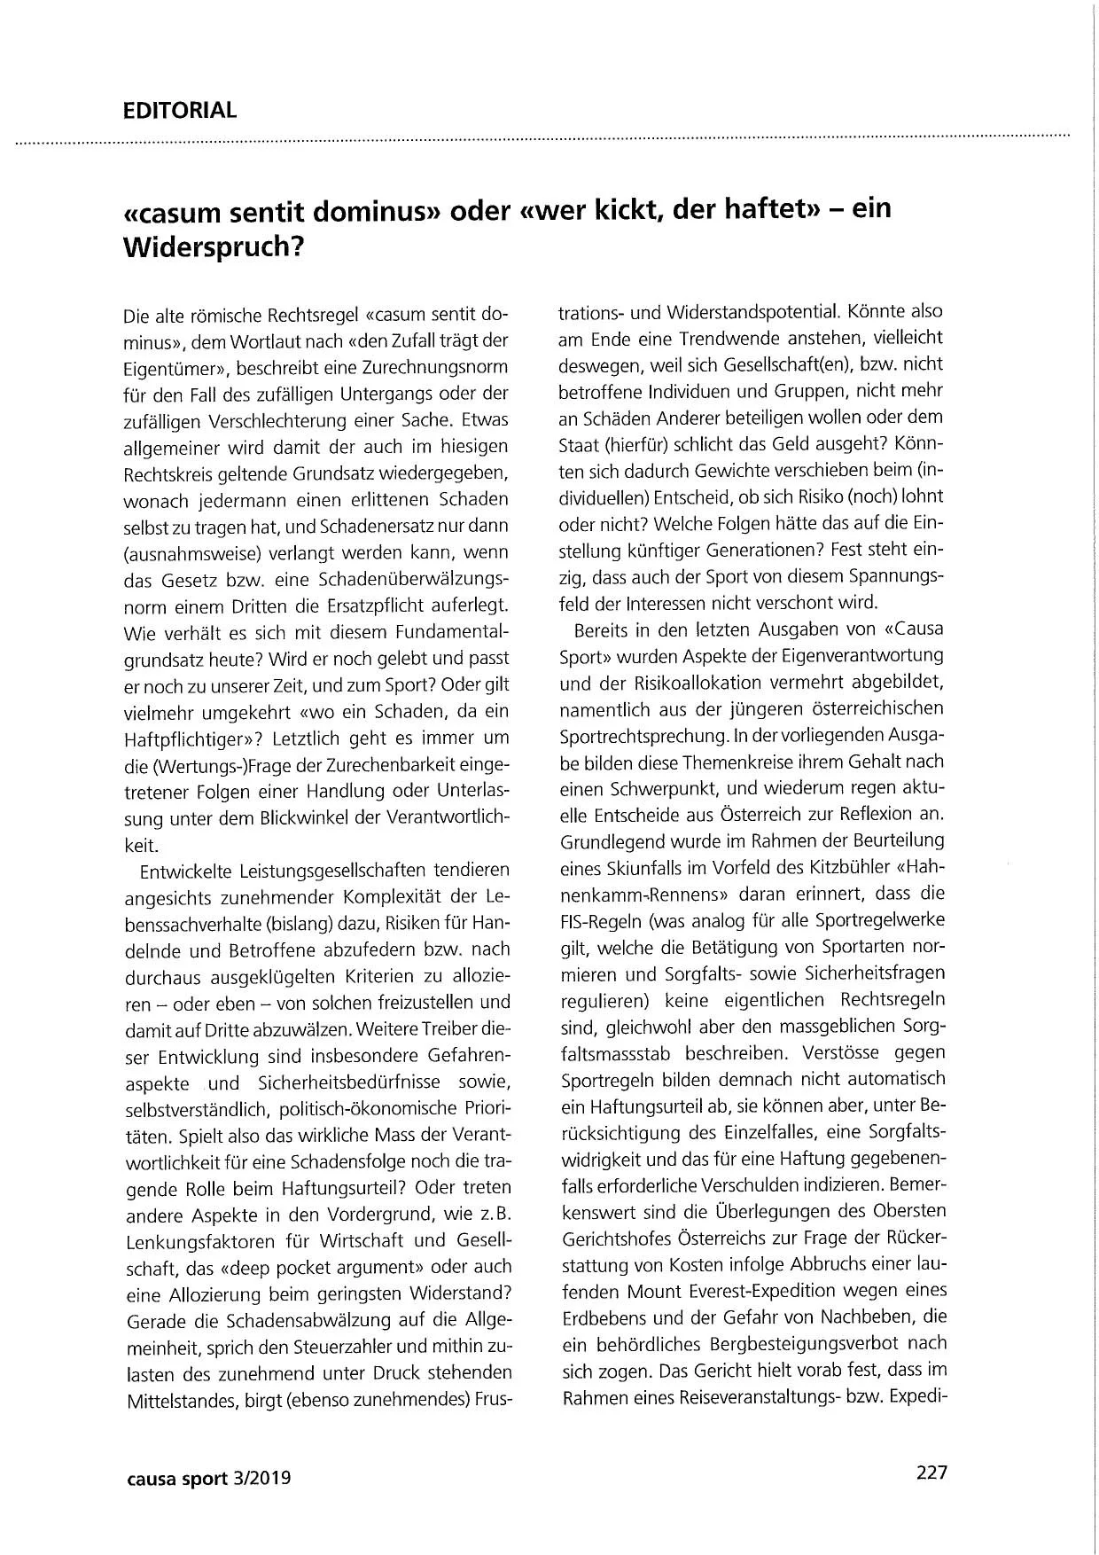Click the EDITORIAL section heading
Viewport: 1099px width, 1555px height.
(180, 111)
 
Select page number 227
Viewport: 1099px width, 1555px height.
(931, 1473)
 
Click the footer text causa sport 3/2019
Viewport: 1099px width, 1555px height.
(208, 1479)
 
